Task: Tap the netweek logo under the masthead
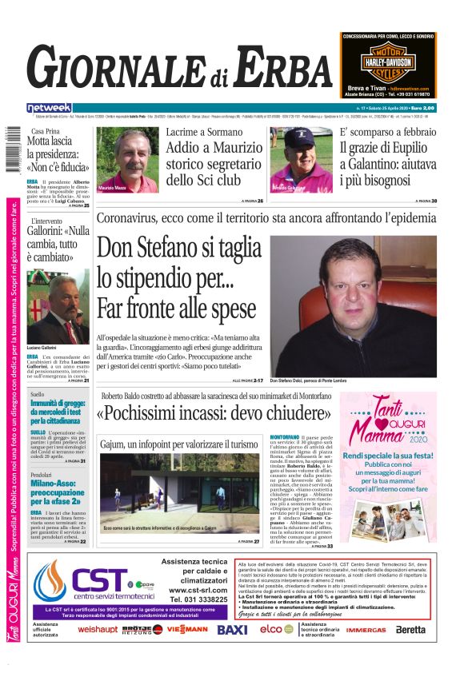50,108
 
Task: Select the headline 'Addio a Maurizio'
214,148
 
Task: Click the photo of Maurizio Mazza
128,160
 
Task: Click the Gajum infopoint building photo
169,492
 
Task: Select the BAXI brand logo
232,630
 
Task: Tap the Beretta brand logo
410,630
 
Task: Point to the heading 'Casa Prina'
46,131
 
